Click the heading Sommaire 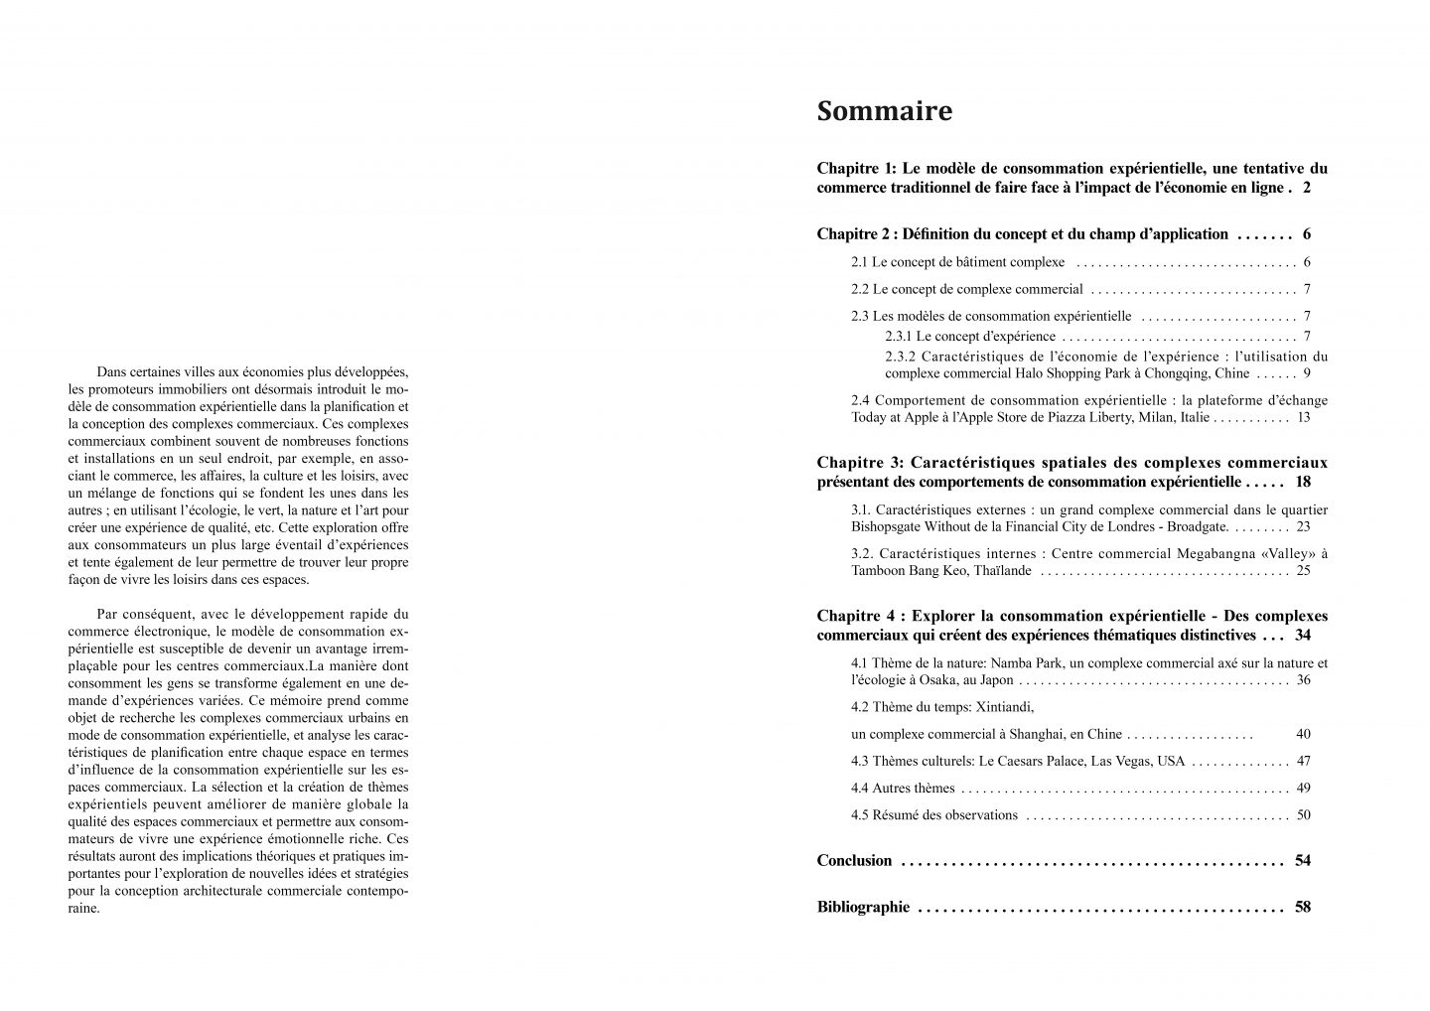[x=884, y=111]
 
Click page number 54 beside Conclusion [x=1303, y=860]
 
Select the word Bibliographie [x=863, y=907]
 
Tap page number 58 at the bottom [x=1303, y=907]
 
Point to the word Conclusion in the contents [x=854, y=860]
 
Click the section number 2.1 [x=860, y=262]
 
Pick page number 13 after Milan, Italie [x=1303, y=417]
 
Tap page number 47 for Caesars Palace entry [x=1304, y=761]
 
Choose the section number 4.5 [x=860, y=814]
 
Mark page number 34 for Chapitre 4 [x=1303, y=635]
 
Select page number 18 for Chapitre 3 [x=1303, y=482]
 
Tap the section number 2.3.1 [x=899, y=336]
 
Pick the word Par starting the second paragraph [x=107, y=614]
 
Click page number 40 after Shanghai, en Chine [x=1303, y=734]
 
